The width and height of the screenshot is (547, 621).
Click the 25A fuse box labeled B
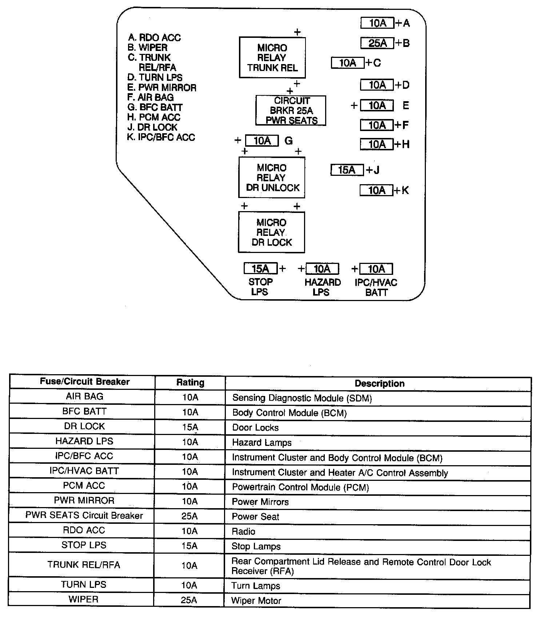point(377,43)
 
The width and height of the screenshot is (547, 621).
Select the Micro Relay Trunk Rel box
point(272,58)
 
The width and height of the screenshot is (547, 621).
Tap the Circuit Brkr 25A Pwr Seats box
point(291,111)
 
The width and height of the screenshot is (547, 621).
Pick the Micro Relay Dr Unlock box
point(272,178)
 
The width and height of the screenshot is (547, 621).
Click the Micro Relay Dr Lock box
point(271,232)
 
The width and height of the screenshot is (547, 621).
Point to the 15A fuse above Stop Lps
point(260,269)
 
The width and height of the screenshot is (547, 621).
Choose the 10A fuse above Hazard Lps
point(322,269)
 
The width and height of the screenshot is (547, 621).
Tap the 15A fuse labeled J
point(347,170)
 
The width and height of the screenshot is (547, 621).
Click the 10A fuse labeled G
point(262,141)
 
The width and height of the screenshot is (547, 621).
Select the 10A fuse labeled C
point(347,63)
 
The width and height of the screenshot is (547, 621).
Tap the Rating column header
point(190,383)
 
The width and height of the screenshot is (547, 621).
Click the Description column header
point(379,383)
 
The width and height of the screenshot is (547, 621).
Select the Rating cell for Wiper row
point(189,600)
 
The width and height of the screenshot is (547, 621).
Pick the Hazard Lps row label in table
point(84,441)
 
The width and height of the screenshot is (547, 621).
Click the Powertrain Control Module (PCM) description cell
point(300,487)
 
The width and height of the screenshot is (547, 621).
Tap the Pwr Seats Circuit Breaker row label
point(84,515)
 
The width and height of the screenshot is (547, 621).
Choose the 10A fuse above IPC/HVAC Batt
point(376,269)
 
